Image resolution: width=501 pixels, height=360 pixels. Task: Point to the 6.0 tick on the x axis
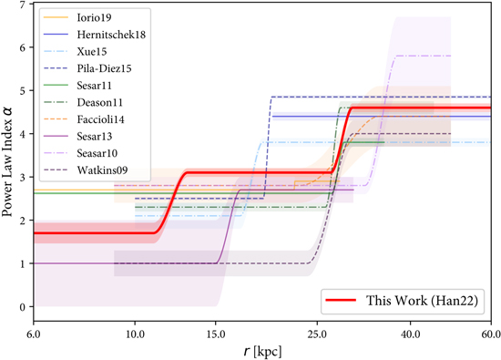click(34, 334)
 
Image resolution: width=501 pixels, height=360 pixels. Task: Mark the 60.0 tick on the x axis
click(490, 334)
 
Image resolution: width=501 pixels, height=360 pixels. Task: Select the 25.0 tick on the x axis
click(316, 334)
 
